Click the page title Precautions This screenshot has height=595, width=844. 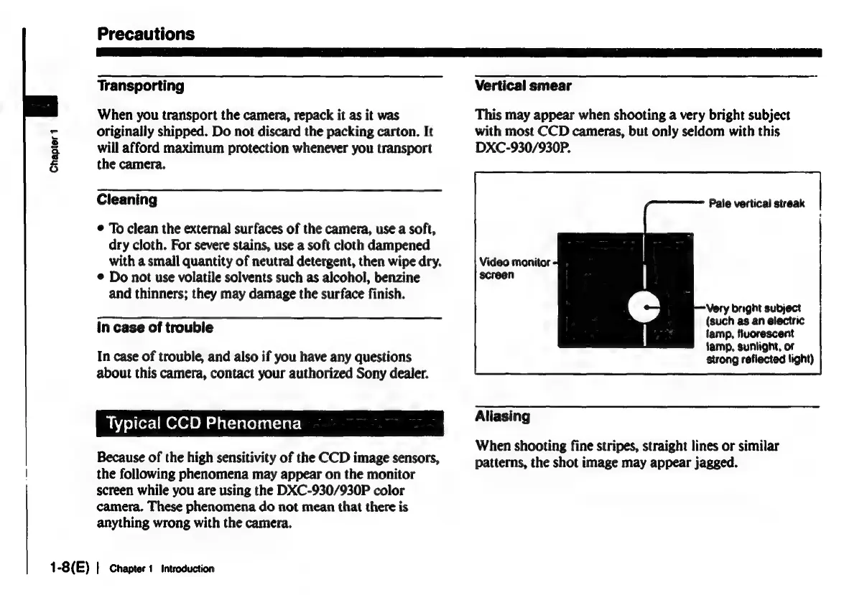pyautogui.click(x=146, y=33)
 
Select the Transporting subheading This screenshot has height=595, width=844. pyautogui.click(x=141, y=86)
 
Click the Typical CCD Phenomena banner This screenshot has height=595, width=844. pyautogui.click(x=204, y=423)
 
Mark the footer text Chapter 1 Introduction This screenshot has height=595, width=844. pyautogui.click(x=162, y=568)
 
